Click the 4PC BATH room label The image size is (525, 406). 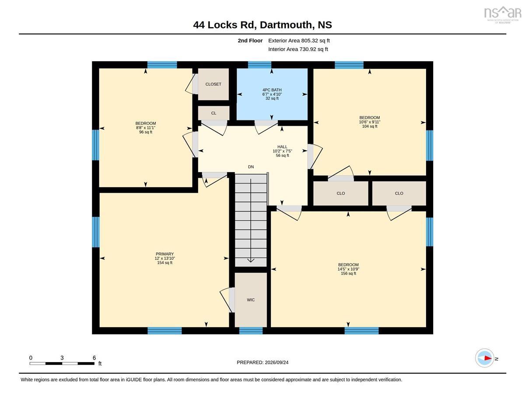tap(272, 90)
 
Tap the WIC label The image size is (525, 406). tap(251, 300)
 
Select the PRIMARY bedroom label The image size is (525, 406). tap(164, 254)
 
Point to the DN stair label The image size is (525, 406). tap(251, 166)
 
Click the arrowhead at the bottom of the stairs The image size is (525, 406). tap(251, 260)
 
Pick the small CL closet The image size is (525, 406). tap(213, 113)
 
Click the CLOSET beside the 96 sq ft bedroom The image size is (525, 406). tap(213, 84)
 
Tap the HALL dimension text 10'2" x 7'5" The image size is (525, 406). tap(282, 151)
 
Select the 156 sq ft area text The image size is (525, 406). tap(348, 273)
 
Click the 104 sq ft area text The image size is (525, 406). tap(369, 126)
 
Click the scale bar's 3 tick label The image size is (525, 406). tap(62, 358)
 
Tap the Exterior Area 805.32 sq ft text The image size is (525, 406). tap(299, 41)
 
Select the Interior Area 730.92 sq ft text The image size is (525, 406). tap(298, 49)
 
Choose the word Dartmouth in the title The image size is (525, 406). tap(286, 25)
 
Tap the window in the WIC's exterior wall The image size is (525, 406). tap(251, 331)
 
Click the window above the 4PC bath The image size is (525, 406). tap(259, 65)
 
